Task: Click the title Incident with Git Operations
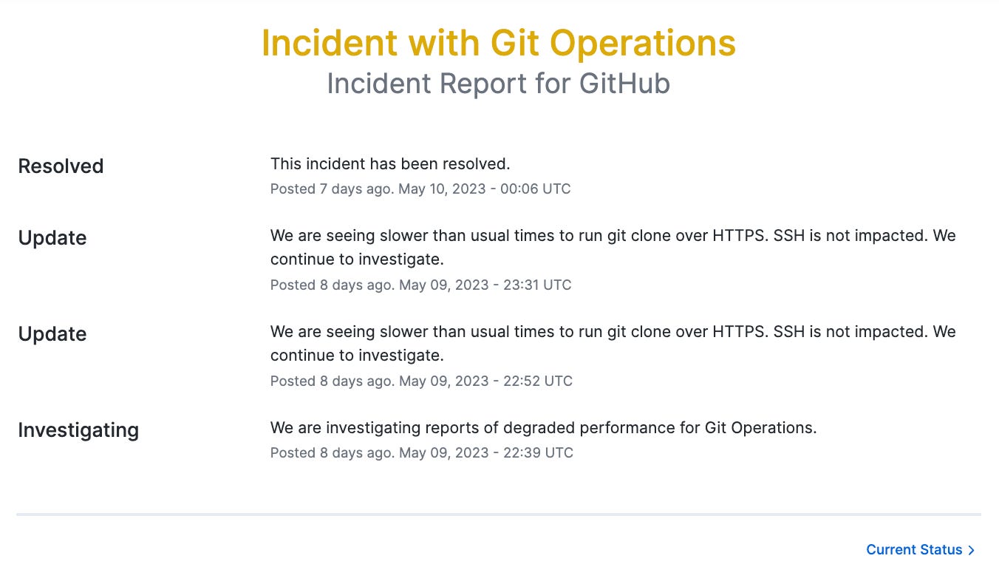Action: [x=498, y=44]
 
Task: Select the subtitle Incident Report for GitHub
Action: [x=498, y=84]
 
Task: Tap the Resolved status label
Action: [x=61, y=166]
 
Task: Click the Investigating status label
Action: [x=78, y=430]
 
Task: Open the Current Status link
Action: [x=914, y=550]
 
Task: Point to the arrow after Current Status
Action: [x=972, y=550]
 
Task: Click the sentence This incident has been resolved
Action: [x=390, y=163]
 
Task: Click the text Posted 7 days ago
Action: [x=330, y=189]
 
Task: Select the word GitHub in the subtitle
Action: [x=624, y=84]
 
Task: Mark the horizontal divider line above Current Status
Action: [x=498, y=514]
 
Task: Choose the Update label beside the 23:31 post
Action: [x=52, y=238]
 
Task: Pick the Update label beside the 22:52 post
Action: [x=52, y=334]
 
